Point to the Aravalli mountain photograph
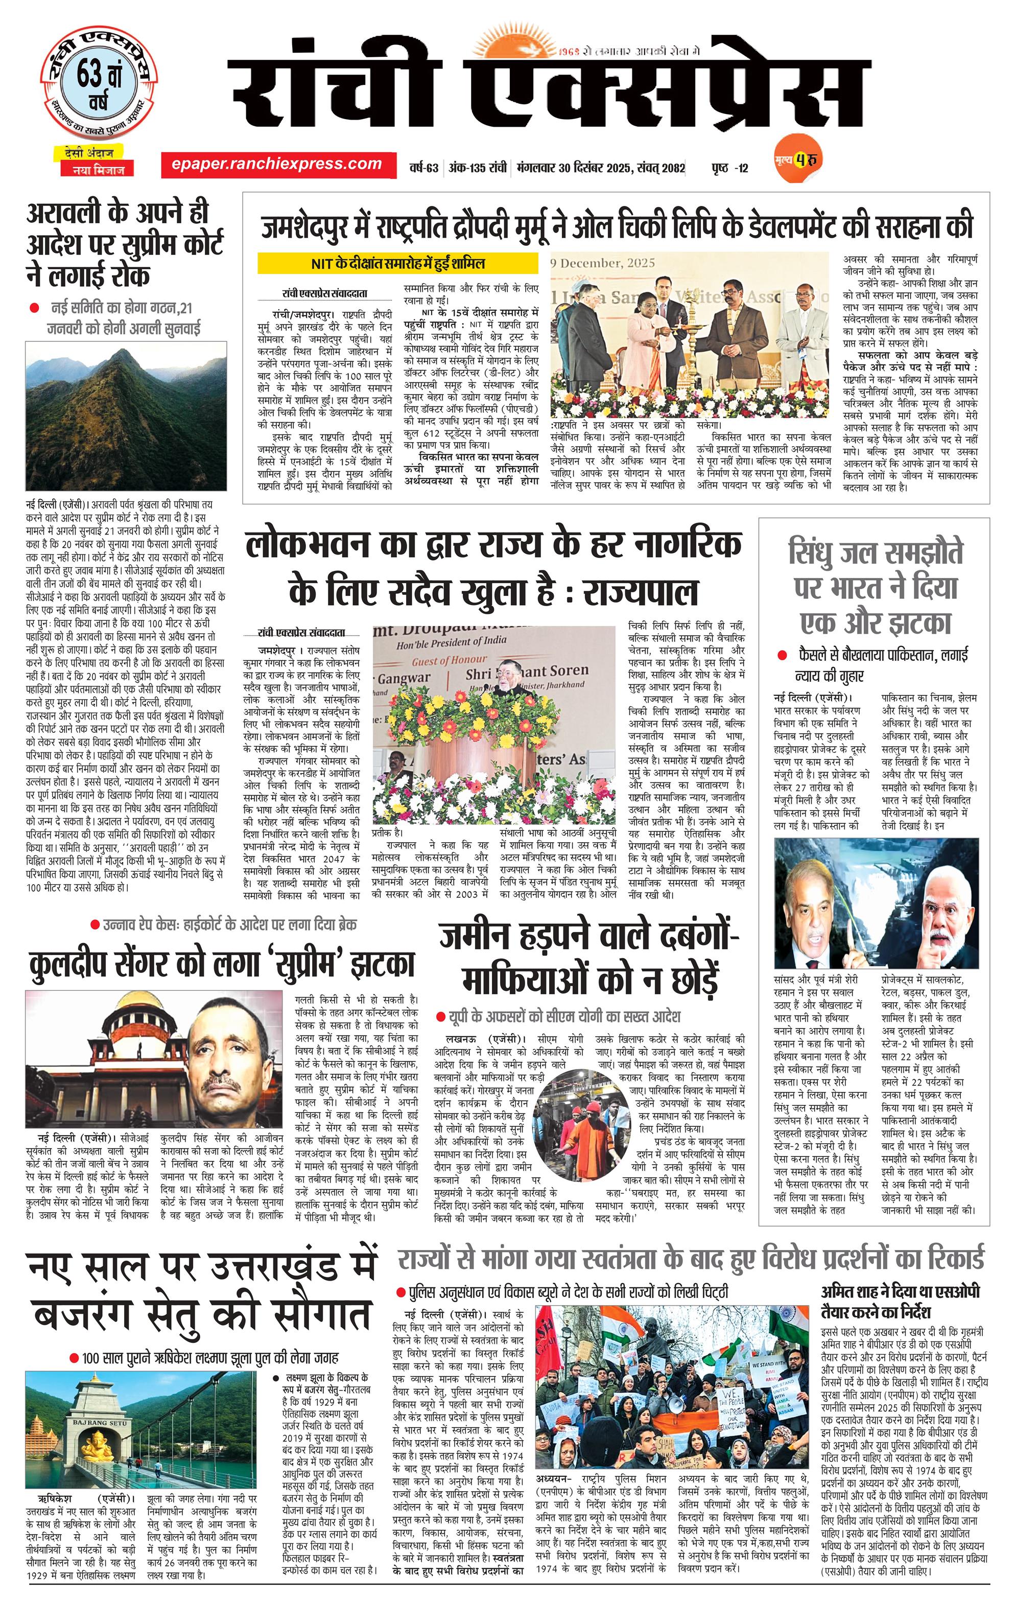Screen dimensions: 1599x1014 (126, 415)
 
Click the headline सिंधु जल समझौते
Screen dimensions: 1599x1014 (875, 552)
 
